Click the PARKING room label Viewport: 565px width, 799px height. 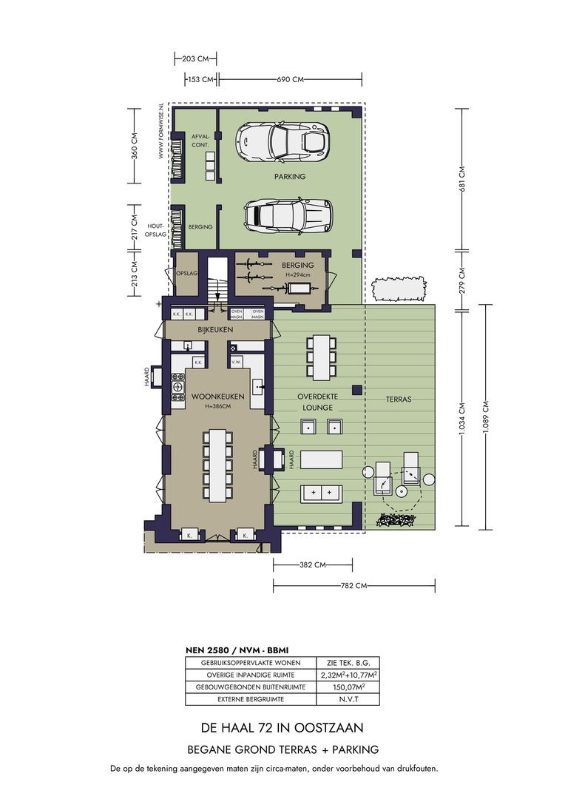(289, 177)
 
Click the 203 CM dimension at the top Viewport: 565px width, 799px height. (195, 58)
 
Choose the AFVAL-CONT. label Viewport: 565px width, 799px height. (200, 141)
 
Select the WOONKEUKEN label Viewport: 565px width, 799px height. (217, 397)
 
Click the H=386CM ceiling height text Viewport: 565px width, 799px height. (218, 407)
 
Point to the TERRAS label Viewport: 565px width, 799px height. (399, 399)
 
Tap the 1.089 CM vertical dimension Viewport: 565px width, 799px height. (485, 417)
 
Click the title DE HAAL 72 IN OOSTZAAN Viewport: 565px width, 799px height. (282, 727)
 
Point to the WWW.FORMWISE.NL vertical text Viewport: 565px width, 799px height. (160, 132)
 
